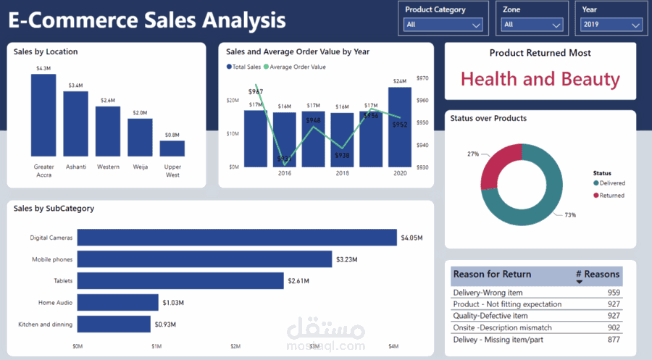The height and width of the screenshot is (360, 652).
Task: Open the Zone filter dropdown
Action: [532, 25]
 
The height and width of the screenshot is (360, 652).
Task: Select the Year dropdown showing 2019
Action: [611, 25]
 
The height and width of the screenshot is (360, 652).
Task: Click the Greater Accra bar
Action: [43, 116]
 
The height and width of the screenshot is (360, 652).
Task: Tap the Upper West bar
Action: [172, 148]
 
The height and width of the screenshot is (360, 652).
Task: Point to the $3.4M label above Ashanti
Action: [75, 85]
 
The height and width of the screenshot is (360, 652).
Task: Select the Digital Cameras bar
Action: [237, 238]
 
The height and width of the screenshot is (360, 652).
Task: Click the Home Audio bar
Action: [117, 302]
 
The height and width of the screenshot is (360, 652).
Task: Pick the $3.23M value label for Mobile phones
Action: [346, 259]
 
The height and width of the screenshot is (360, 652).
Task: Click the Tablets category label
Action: [62, 281]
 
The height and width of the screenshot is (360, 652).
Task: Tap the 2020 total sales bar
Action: [400, 127]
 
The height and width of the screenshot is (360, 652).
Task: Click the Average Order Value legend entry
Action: [297, 67]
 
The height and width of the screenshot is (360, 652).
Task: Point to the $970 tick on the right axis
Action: [423, 78]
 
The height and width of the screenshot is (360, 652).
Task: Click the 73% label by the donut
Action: [570, 215]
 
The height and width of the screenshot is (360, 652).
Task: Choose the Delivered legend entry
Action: [611, 183]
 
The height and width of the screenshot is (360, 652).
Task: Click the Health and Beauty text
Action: [540, 79]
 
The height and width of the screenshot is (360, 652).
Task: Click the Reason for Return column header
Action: [492, 275]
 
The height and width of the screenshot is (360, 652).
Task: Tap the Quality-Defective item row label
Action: [490, 316]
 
